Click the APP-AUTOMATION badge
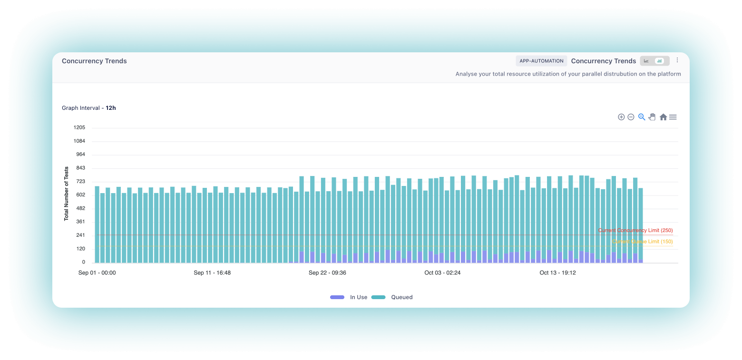pos(541,61)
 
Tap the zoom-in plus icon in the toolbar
pos(621,117)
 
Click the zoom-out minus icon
pos(631,117)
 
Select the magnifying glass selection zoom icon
pos(642,117)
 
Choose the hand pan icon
pos(652,117)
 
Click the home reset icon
pos(663,117)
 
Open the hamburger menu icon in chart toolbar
pos(673,117)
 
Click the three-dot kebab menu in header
pos(678,60)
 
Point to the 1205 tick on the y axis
pos(79,127)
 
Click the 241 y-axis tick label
pos(80,235)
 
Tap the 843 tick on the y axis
pos(80,168)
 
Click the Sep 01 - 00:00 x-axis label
pos(97,273)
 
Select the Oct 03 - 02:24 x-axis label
pos(442,273)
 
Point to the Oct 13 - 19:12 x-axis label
pos(557,273)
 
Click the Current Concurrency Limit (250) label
pos(635,230)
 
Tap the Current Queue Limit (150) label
pos(642,242)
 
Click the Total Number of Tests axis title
pos(67,194)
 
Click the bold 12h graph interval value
pos(111,108)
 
